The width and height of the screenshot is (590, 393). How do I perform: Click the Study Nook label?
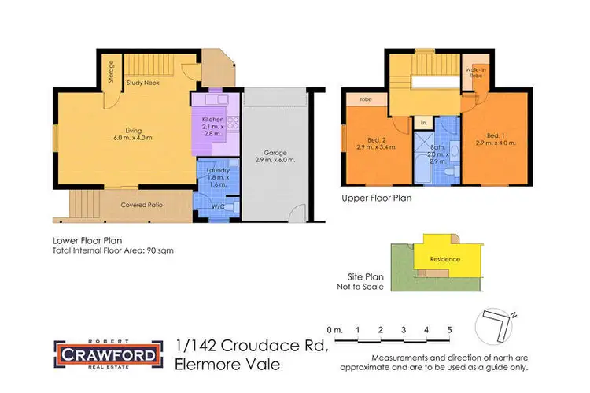(x=147, y=81)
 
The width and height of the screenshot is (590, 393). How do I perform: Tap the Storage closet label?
(x=111, y=72)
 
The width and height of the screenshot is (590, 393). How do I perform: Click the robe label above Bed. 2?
(x=366, y=100)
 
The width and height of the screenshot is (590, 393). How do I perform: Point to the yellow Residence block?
(x=444, y=259)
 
